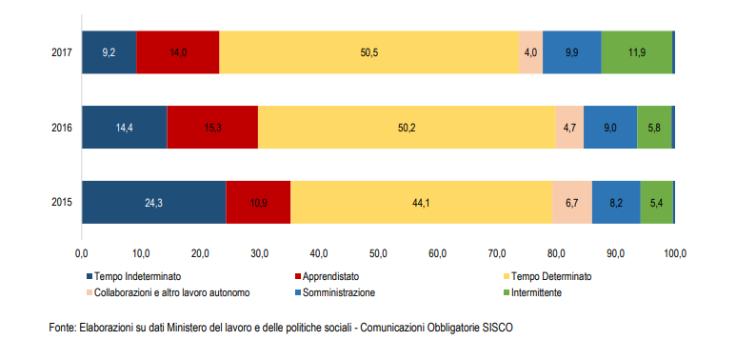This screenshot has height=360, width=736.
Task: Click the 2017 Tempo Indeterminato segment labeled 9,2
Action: click(109, 52)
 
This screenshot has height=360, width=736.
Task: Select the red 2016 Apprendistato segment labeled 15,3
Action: click(212, 127)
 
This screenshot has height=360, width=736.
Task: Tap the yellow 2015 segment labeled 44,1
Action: click(420, 201)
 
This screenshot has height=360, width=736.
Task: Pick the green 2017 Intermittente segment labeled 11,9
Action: click(636, 52)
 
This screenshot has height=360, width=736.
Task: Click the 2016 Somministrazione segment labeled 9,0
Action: click(609, 127)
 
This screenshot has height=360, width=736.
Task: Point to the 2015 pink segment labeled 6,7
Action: click(571, 201)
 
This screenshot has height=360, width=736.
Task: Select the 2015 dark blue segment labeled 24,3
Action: click(153, 201)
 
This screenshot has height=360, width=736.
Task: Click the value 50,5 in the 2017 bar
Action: click(369, 52)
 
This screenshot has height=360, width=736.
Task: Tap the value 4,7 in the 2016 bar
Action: click(569, 127)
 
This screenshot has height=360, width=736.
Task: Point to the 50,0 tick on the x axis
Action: click(378, 253)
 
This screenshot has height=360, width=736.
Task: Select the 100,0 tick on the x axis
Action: click(674, 253)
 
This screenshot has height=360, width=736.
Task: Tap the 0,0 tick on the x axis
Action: click(82, 253)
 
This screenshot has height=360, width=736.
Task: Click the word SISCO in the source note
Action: click(500, 327)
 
